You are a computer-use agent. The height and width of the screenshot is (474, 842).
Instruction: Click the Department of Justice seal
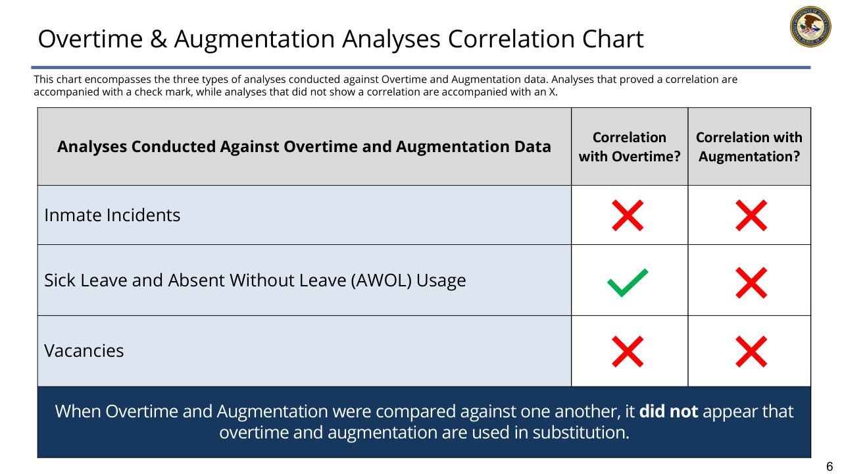810,26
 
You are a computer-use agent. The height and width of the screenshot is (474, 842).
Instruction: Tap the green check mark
628,283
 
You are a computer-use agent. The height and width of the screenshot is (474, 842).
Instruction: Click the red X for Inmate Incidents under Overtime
628,215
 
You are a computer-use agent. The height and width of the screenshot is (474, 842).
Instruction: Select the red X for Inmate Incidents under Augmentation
751,215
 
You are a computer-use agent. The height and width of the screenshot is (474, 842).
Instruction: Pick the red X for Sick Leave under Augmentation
751,283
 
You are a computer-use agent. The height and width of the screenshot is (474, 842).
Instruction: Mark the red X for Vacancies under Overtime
628,352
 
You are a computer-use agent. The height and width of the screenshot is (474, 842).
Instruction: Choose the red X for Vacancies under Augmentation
751,352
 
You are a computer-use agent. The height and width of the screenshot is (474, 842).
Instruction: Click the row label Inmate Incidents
112,215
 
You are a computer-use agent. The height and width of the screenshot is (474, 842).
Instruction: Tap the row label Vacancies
84,351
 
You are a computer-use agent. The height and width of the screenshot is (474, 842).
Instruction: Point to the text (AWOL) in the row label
381,280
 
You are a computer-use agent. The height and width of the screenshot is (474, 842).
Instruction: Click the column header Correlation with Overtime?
630,147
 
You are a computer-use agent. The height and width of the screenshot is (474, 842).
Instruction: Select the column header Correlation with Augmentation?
749,147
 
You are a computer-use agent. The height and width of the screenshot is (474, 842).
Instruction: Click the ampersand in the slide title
159,39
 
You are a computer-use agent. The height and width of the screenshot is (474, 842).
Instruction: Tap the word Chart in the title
612,39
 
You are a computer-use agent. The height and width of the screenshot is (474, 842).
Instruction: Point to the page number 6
830,467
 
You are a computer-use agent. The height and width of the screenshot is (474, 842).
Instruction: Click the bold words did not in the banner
668,411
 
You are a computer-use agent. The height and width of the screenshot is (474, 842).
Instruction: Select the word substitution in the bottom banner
581,433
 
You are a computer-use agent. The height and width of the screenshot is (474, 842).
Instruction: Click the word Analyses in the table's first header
91,147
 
